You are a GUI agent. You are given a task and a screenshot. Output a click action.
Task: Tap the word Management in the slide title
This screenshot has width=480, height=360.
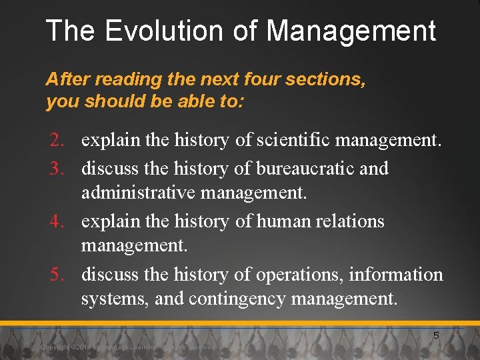click(351, 31)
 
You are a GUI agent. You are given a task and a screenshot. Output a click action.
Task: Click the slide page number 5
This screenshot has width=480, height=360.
click(436, 335)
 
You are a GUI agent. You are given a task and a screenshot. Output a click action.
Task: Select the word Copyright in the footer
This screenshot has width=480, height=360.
click(55, 347)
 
